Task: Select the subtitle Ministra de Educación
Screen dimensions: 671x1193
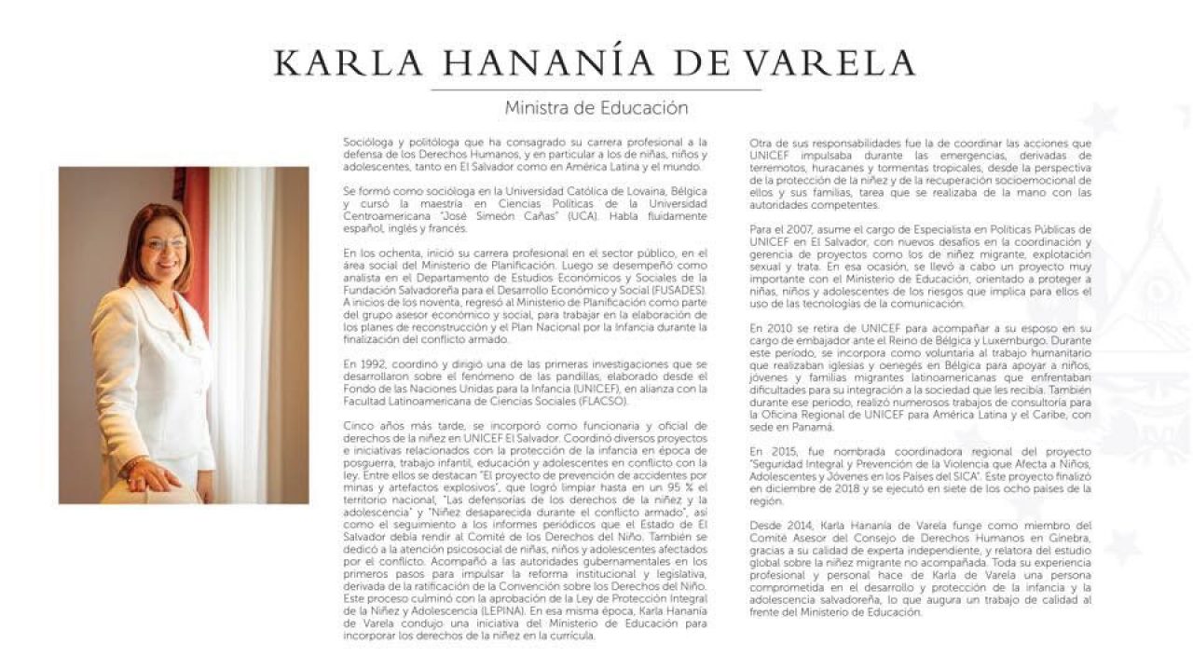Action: coord(596,108)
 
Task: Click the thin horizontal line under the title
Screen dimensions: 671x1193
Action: coord(596,89)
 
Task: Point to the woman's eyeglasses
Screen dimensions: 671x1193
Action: coord(165,244)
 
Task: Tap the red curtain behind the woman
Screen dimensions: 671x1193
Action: coord(197,242)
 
